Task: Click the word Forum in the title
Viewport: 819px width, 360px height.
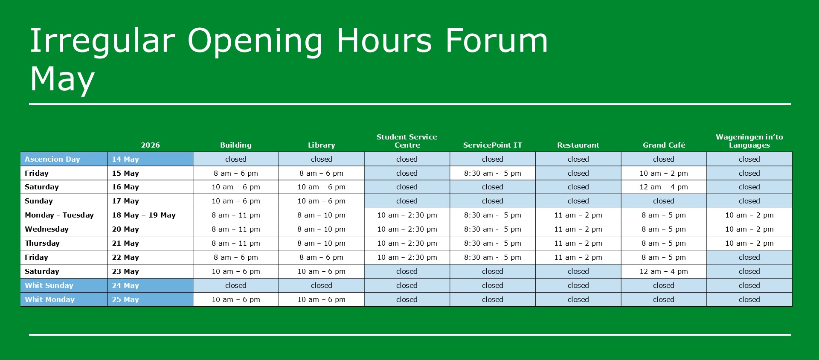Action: (496, 41)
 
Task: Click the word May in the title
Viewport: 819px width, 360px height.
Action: (62, 80)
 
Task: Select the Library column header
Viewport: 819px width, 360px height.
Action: (322, 145)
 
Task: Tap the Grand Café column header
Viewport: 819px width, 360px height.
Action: (664, 145)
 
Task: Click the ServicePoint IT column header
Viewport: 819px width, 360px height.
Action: (493, 145)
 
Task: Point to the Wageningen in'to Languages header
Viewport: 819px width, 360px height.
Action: (749, 141)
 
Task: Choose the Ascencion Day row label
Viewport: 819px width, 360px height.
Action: (52, 159)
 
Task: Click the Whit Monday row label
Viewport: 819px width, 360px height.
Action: (49, 299)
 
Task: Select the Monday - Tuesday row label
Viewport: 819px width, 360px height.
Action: (59, 215)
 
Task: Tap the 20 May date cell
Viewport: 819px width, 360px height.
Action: (125, 229)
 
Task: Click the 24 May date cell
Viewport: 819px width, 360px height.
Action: (125, 285)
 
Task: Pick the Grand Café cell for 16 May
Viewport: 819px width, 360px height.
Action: (664, 187)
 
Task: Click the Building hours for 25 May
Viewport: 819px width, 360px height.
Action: (236, 299)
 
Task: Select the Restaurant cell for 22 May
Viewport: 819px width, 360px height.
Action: (578, 257)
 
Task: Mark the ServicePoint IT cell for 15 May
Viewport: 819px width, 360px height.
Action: (493, 173)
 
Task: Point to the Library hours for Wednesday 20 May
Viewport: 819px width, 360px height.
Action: (322, 229)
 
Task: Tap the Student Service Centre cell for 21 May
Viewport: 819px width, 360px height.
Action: (407, 243)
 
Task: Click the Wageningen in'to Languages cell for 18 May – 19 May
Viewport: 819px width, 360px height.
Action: (749, 215)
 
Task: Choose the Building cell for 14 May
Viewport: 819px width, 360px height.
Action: (236, 159)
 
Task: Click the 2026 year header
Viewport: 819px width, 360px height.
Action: (151, 145)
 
